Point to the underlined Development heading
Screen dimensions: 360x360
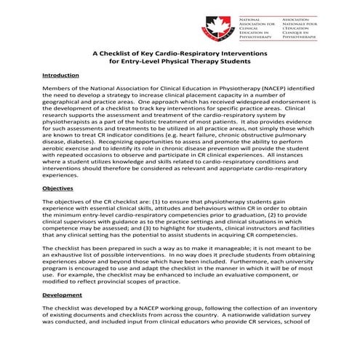tap(62, 296)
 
